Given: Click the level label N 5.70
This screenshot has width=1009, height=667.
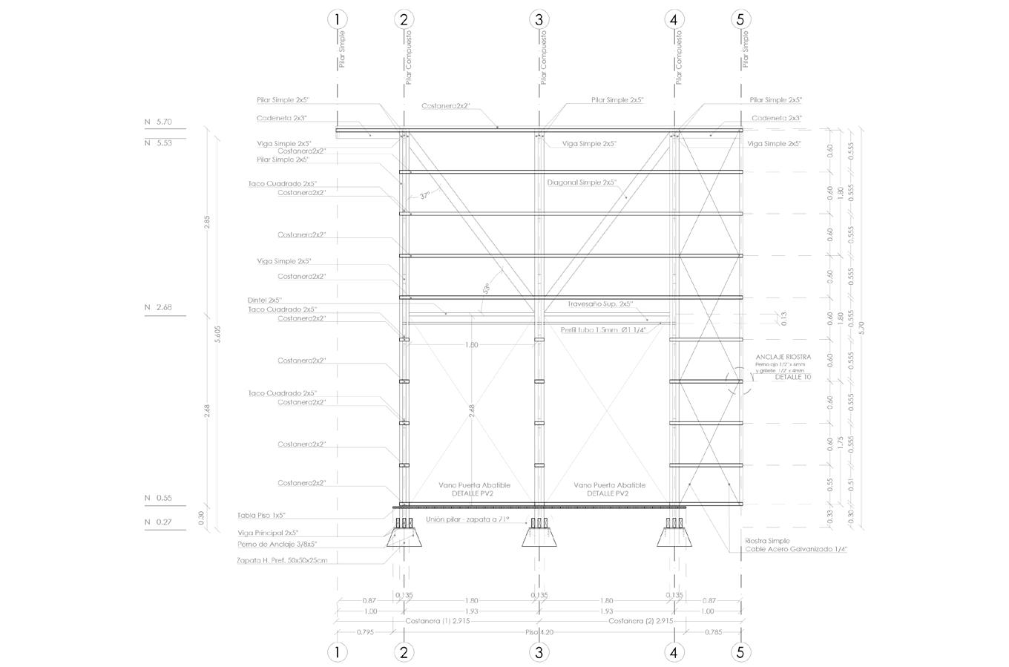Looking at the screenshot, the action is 158,121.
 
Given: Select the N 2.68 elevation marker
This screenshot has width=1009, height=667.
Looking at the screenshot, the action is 158,307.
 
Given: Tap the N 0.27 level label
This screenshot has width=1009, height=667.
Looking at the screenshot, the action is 158,522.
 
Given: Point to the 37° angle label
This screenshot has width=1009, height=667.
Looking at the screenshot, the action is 425,196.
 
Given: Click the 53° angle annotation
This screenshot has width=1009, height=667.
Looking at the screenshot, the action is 487,287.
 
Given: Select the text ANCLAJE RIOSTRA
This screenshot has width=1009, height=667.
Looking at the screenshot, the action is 783,357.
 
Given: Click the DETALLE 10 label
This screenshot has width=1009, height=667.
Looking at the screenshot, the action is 793,377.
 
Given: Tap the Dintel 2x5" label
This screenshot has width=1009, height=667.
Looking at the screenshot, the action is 265,300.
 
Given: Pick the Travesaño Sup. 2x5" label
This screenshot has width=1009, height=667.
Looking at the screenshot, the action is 599,304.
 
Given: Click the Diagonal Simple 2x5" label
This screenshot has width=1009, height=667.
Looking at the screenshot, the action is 582,183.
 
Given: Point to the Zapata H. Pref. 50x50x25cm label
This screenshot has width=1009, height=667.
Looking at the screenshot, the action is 281,560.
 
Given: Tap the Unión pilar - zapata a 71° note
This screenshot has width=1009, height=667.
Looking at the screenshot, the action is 467,520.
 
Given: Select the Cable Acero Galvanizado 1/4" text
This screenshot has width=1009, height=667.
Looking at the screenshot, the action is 796,550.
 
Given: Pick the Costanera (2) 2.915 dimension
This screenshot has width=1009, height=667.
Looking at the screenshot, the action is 640,620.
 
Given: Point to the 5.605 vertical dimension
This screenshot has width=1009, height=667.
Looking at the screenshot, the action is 217,334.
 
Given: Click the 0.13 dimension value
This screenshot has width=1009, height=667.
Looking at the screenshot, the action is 783,319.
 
